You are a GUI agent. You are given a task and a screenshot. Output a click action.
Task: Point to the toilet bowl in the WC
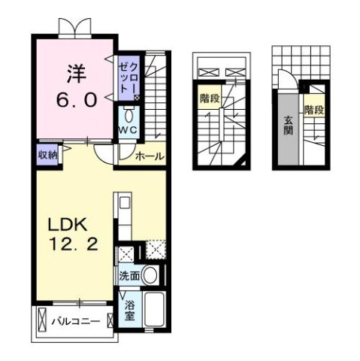(x=128, y=116)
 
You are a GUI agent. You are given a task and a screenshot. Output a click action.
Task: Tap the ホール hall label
(x=150, y=156)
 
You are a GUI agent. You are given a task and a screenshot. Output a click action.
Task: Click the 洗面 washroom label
(x=129, y=275)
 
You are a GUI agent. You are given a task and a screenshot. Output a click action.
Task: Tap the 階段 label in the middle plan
(x=210, y=98)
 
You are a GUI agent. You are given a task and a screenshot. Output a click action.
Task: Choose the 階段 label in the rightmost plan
(x=314, y=110)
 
